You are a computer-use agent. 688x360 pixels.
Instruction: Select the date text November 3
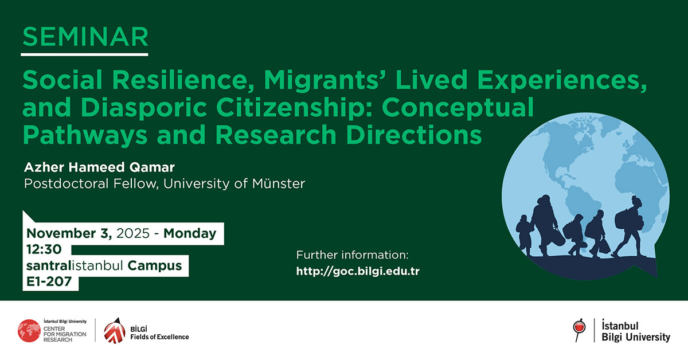pos(69,233)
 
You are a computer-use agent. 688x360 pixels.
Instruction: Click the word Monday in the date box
pos(190,233)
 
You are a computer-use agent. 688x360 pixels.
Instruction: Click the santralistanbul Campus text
pos(104,265)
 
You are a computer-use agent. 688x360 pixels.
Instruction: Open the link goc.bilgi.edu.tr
pos(358,271)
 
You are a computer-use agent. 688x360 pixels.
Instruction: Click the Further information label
pos(351,255)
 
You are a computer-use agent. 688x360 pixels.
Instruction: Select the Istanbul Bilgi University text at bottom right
pos(635,331)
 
